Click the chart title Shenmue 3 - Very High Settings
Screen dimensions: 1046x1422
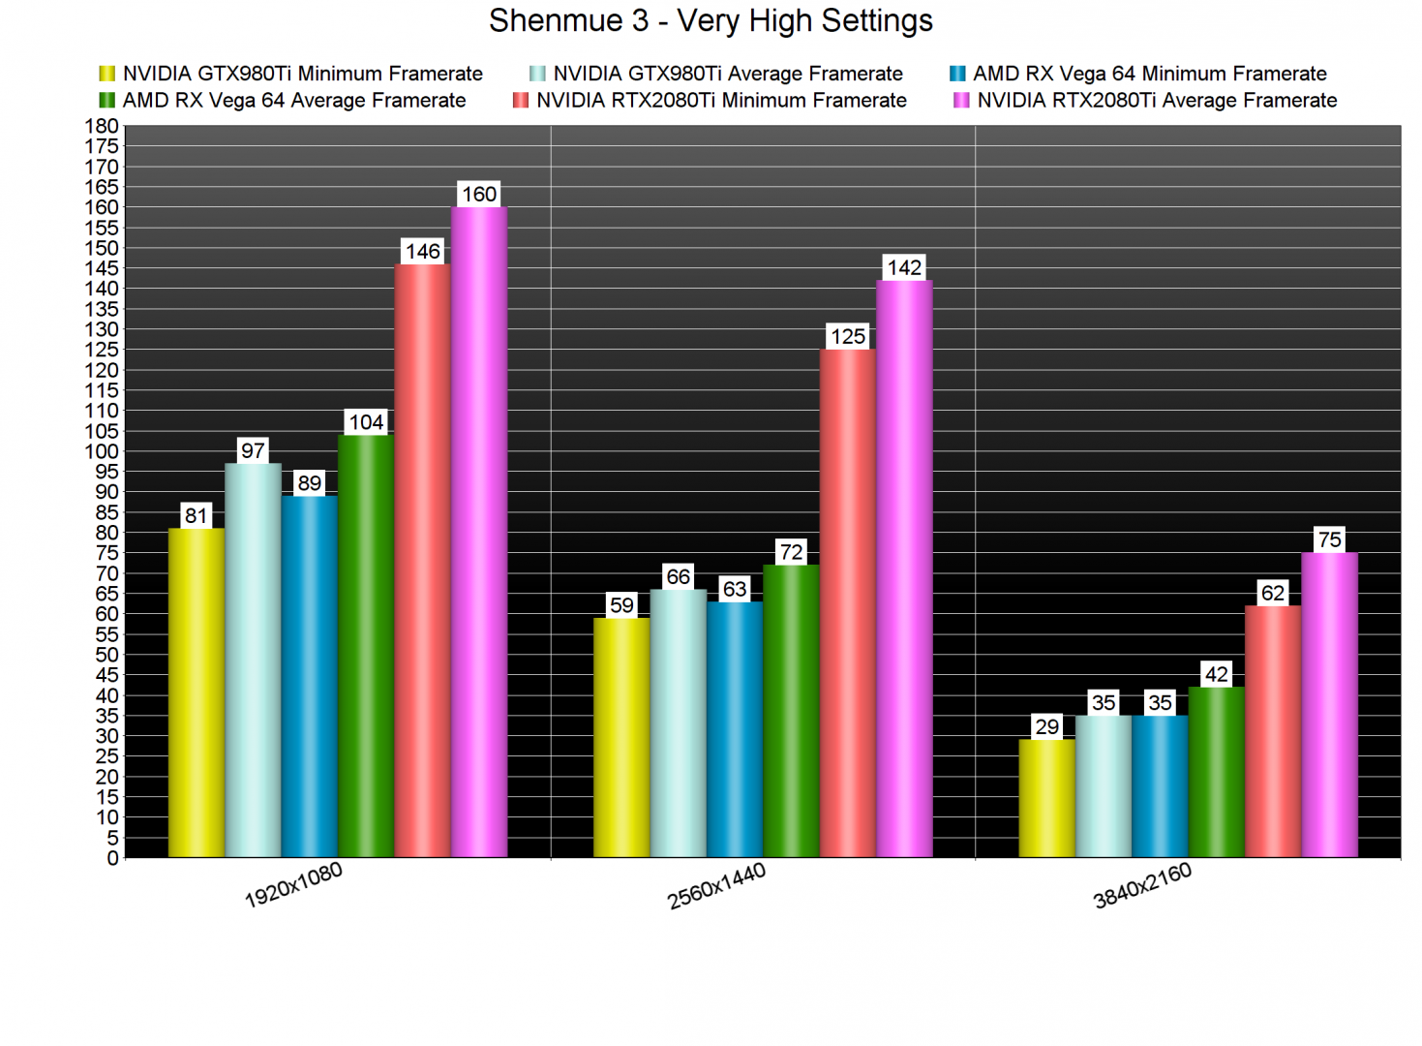click(711, 20)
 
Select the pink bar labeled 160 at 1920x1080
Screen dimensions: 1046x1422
click(479, 533)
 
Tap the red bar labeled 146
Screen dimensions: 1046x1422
click(423, 562)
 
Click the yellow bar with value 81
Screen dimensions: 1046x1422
click(197, 692)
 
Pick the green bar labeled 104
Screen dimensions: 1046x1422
click(366, 646)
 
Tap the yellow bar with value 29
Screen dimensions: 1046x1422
click(1046, 798)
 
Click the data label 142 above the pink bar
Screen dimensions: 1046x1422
click(904, 267)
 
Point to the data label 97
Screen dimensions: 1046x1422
click(253, 450)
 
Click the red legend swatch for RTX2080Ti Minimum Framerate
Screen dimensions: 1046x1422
click(521, 101)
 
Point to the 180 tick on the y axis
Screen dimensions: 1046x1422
click(102, 126)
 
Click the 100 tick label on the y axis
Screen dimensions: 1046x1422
click(102, 451)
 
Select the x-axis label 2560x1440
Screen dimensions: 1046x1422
click(716, 886)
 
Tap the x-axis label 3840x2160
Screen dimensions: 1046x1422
click(1142, 886)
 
